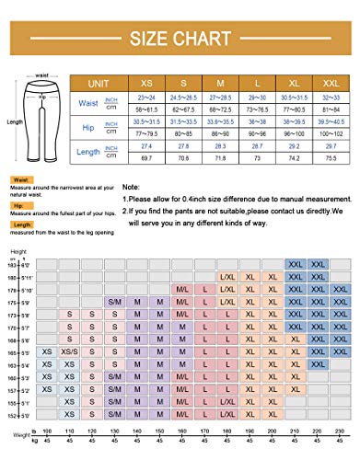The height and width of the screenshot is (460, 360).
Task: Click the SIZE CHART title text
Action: [180, 40]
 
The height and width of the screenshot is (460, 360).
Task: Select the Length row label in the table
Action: [90, 152]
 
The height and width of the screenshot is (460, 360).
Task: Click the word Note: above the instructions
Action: [132, 185]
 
